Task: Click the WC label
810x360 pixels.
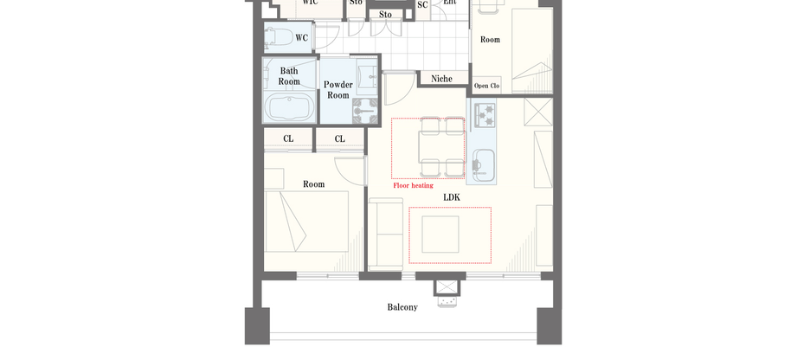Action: point(301,38)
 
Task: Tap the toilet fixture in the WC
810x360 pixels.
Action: point(279,38)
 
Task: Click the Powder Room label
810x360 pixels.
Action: point(337,90)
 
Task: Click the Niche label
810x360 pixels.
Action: point(441,79)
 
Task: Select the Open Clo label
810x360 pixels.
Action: point(487,86)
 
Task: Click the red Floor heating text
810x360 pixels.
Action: point(413,185)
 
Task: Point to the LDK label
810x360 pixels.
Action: point(452,198)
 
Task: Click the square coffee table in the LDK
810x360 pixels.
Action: point(440,235)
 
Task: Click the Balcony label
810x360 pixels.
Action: point(402,307)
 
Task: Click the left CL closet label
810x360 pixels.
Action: point(288,139)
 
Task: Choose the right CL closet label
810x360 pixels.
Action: point(339,139)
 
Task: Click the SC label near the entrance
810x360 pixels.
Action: point(422,5)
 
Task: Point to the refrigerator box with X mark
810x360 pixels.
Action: point(539,112)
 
